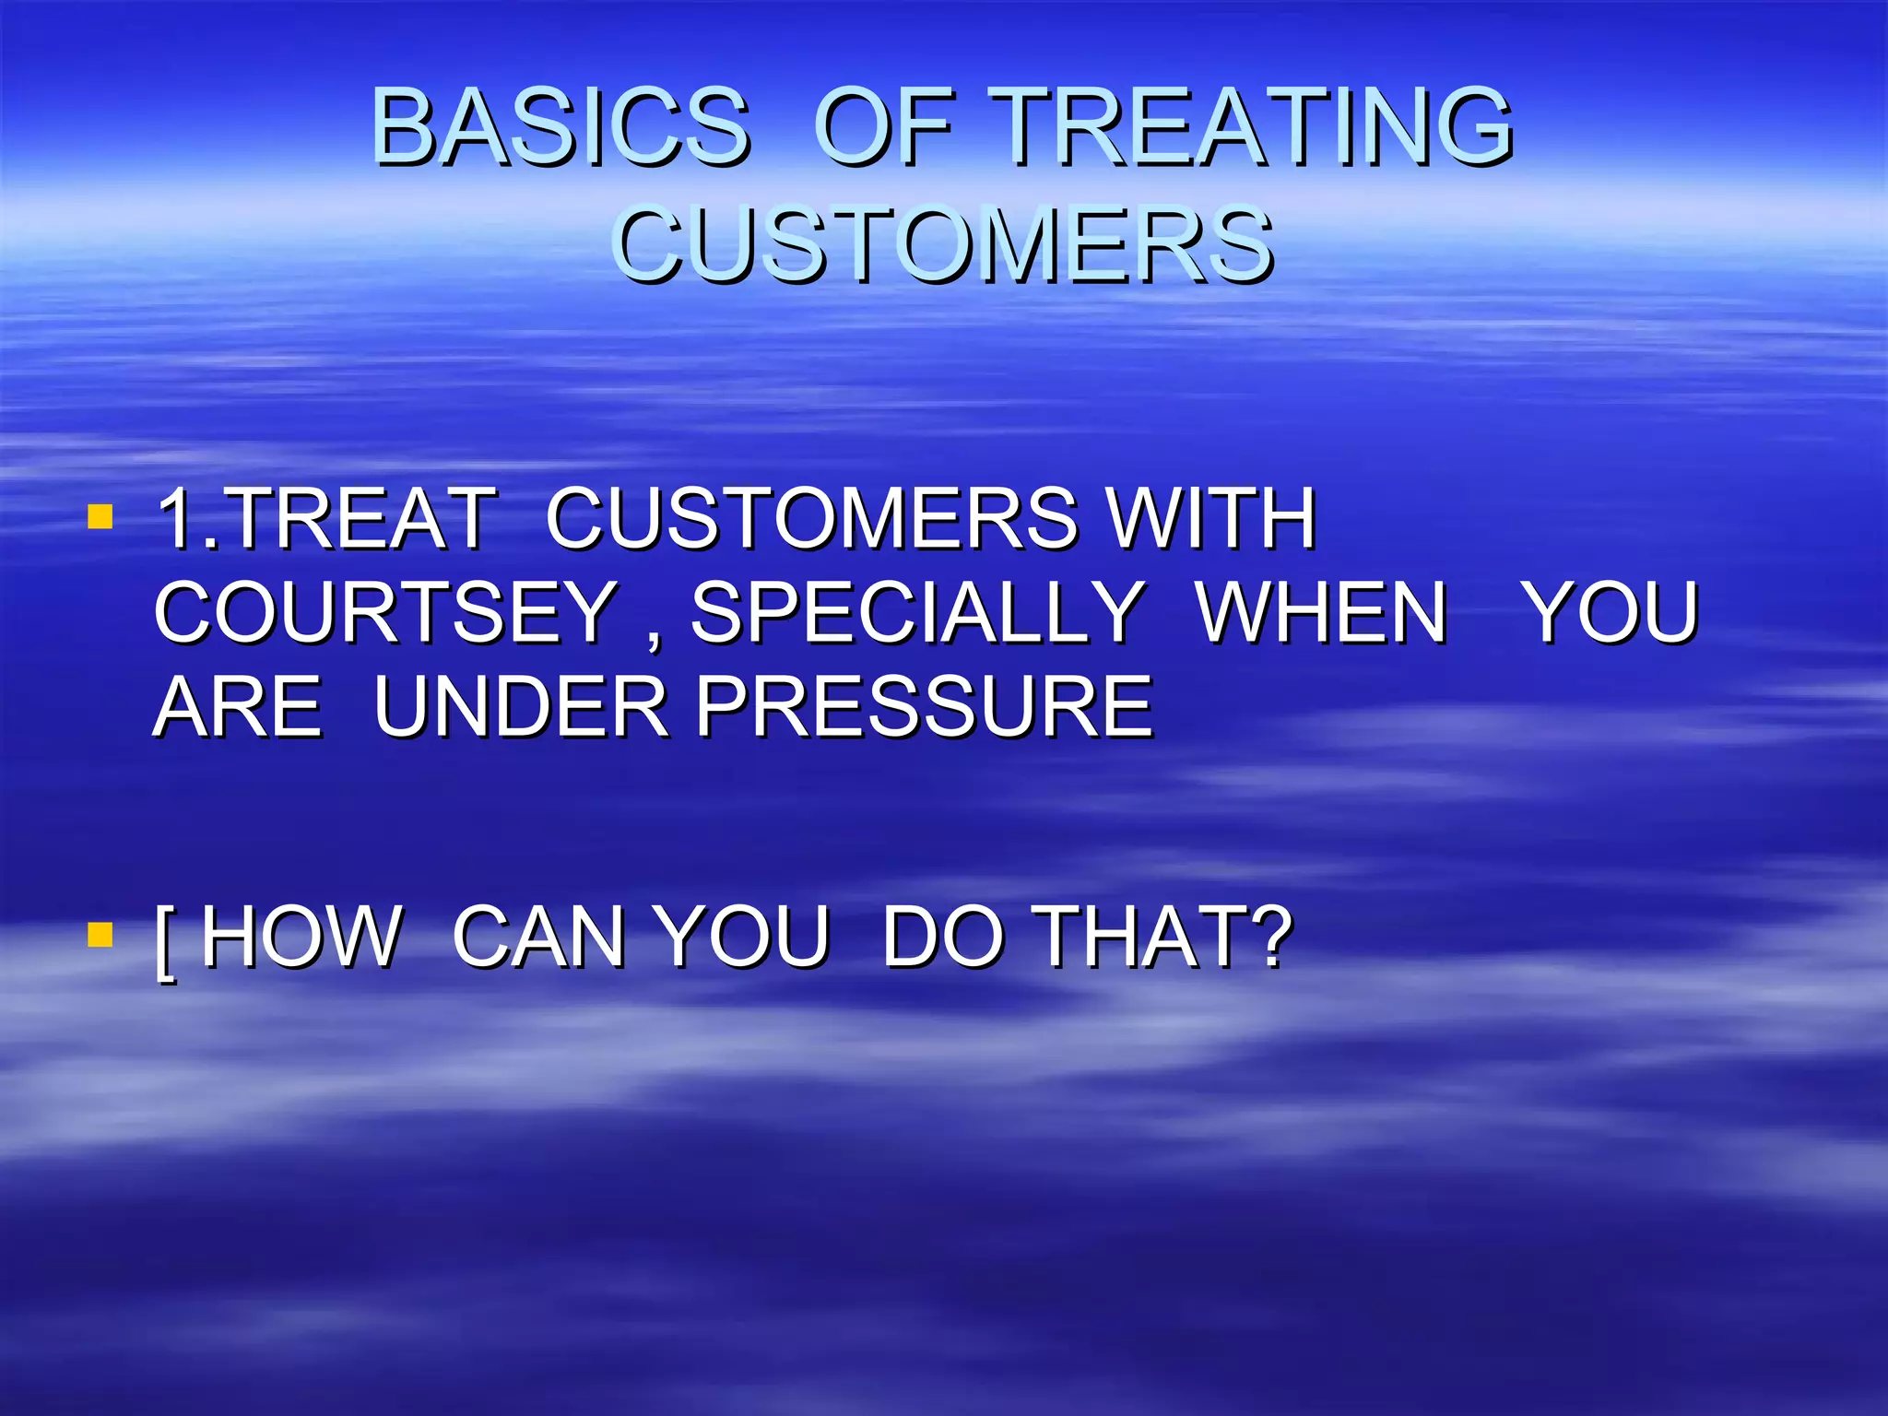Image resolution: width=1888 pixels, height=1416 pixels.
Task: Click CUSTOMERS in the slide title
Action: tap(942, 244)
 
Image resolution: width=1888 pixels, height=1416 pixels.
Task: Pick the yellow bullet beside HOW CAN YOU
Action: tap(100, 935)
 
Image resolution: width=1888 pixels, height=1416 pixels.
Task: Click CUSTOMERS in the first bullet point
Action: tap(811, 518)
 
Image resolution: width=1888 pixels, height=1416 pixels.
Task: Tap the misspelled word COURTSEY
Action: tap(385, 613)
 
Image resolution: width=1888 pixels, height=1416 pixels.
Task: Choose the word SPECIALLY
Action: tap(917, 613)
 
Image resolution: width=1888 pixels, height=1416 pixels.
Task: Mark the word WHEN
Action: tap(1322, 613)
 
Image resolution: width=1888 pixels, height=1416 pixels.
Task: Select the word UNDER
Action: tap(521, 708)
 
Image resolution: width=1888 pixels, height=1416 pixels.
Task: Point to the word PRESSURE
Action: tap(924, 708)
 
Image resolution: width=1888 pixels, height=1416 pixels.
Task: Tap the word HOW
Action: tap(301, 937)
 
